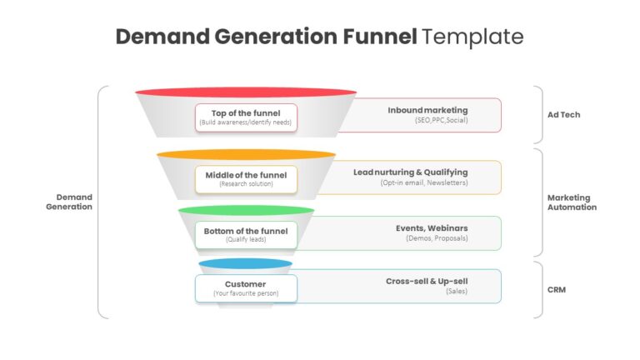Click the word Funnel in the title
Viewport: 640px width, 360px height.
point(380,37)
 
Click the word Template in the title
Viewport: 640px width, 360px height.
point(472,37)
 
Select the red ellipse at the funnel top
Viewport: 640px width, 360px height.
point(246,92)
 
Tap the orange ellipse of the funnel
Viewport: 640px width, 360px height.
point(246,154)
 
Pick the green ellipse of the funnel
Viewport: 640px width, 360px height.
point(246,210)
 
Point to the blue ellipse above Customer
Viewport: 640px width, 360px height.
point(245,263)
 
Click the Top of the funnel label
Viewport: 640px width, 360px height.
point(246,113)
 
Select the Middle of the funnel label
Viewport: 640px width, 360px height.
point(246,175)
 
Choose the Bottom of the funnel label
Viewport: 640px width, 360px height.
point(246,231)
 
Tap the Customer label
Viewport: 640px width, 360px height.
point(245,284)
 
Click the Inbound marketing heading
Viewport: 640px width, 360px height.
point(427,110)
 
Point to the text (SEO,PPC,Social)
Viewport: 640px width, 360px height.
point(441,120)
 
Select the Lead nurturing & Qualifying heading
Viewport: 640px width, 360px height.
point(411,172)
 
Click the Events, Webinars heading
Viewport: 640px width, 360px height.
point(432,228)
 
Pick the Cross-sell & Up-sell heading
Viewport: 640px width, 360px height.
point(427,281)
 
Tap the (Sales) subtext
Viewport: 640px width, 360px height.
point(457,291)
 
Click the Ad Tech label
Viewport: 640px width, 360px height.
point(563,115)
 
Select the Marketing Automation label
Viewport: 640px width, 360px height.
point(572,202)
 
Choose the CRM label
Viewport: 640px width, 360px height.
point(557,290)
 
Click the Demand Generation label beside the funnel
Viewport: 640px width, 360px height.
point(69,202)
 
